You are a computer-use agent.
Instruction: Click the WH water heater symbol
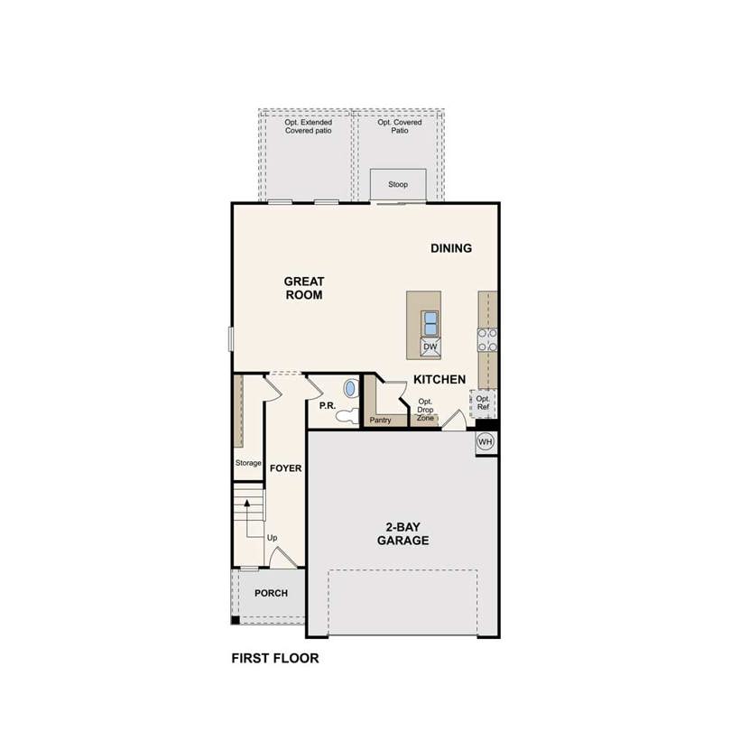pyautogui.click(x=486, y=441)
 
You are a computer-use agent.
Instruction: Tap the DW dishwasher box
pyautogui.click(x=430, y=347)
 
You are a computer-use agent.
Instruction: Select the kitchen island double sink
pyautogui.click(x=430, y=323)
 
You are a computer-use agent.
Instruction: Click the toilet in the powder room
pyautogui.click(x=347, y=415)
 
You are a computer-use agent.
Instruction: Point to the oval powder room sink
pyautogui.click(x=350, y=388)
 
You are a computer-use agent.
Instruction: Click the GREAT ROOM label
pyautogui.click(x=304, y=288)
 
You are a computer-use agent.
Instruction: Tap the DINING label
pyautogui.click(x=451, y=248)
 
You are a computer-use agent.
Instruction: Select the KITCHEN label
pyautogui.click(x=440, y=379)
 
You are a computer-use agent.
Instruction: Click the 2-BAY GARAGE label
pyautogui.click(x=403, y=533)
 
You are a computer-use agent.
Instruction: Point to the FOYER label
pyautogui.click(x=286, y=468)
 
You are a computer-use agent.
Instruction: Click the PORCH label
pyautogui.click(x=271, y=593)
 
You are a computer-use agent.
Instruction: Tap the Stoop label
pyautogui.click(x=398, y=185)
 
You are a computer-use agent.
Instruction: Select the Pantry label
pyautogui.click(x=381, y=420)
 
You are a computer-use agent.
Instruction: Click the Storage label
pyautogui.click(x=248, y=463)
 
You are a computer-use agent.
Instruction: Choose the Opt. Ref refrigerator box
pyautogui.click(x=483, y=403)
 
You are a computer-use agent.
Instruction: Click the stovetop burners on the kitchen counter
pyautogui.click(x=487, y=340)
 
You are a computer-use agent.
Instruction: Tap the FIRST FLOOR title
pyautogui.click(x=275, y=658)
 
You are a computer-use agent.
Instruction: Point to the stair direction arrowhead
pyautogui.click(x=247, y=503)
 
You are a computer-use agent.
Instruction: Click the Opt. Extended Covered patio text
pyautogui.click(x=308, y=126)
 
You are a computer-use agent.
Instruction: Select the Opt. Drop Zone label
pyautogui.click(x=425, y=410)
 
